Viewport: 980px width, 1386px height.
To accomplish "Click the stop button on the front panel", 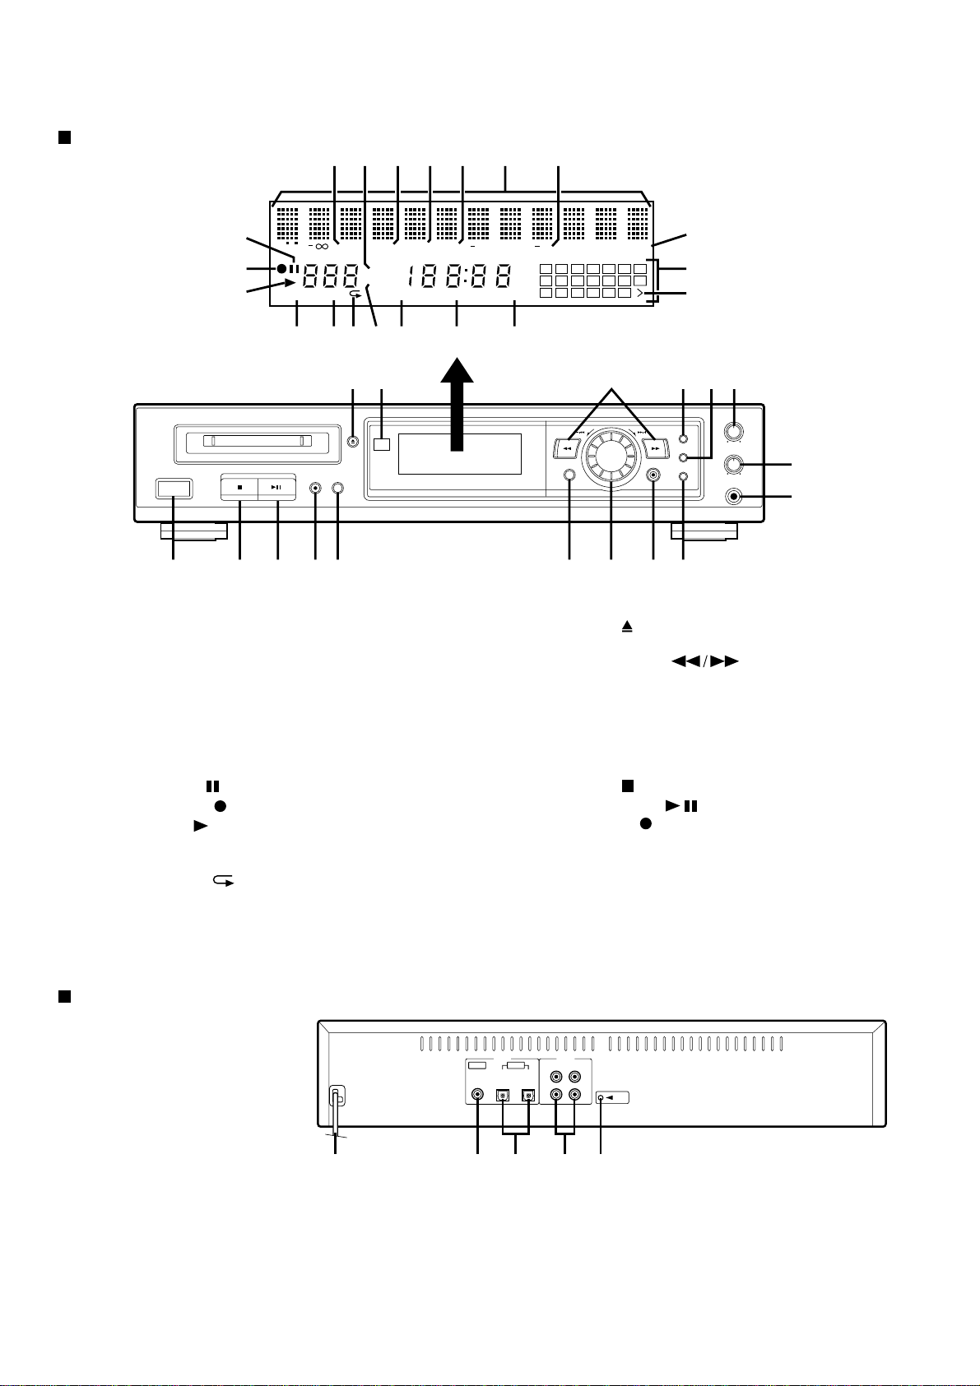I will click(x=239, y=487).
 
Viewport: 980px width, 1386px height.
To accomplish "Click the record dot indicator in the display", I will click(x=282, y=269).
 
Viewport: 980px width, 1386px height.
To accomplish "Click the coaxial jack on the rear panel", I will click(x=478, y=1095).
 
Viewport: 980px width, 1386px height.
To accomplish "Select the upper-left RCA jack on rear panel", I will click(x=557, y=1076).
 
